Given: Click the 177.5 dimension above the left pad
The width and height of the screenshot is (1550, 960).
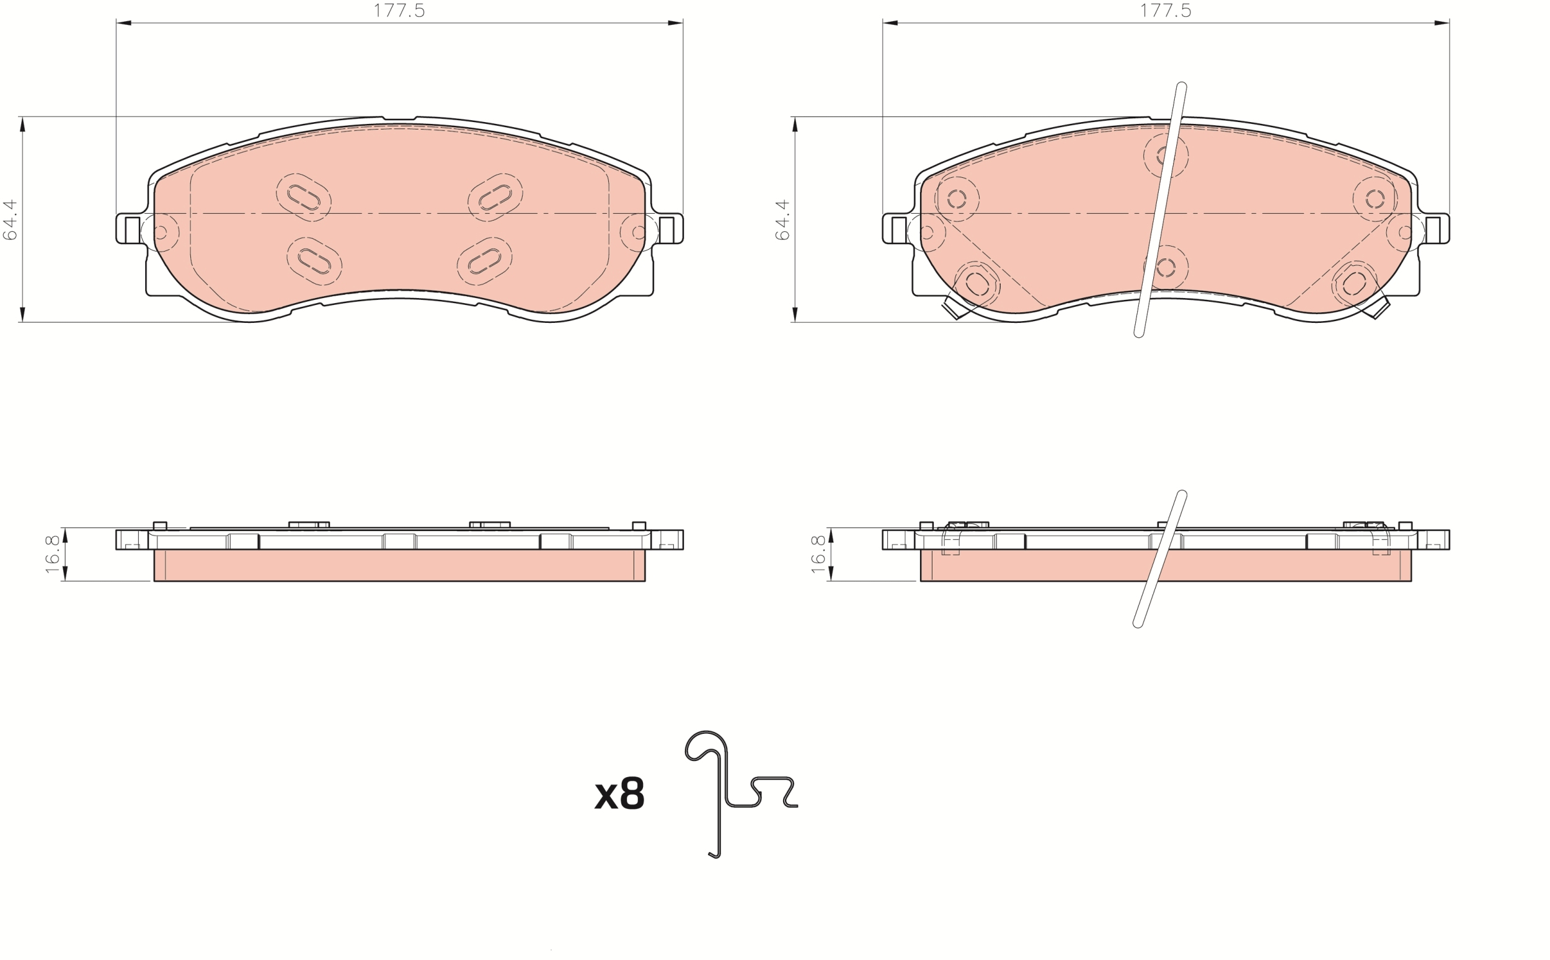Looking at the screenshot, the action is (x=399, y=11).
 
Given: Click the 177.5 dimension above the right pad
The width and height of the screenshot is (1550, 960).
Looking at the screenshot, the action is (x=1165, y=11).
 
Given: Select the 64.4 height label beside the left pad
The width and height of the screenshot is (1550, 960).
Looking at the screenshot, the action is (x=11, y=219).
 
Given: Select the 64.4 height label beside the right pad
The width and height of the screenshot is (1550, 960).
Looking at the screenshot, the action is (x=782, y=219).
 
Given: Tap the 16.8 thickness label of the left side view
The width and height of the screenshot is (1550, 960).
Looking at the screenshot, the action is (x=53, y=554).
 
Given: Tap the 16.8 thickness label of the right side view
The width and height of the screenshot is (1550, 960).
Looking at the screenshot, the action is (x=818, y=554).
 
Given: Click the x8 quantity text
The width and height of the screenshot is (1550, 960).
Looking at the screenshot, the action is (x=619, y=794).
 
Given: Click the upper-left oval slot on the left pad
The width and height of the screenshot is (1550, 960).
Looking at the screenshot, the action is (x=304, y=198).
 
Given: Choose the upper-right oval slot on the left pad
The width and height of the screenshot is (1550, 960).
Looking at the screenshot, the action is (x=495, y=198).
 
